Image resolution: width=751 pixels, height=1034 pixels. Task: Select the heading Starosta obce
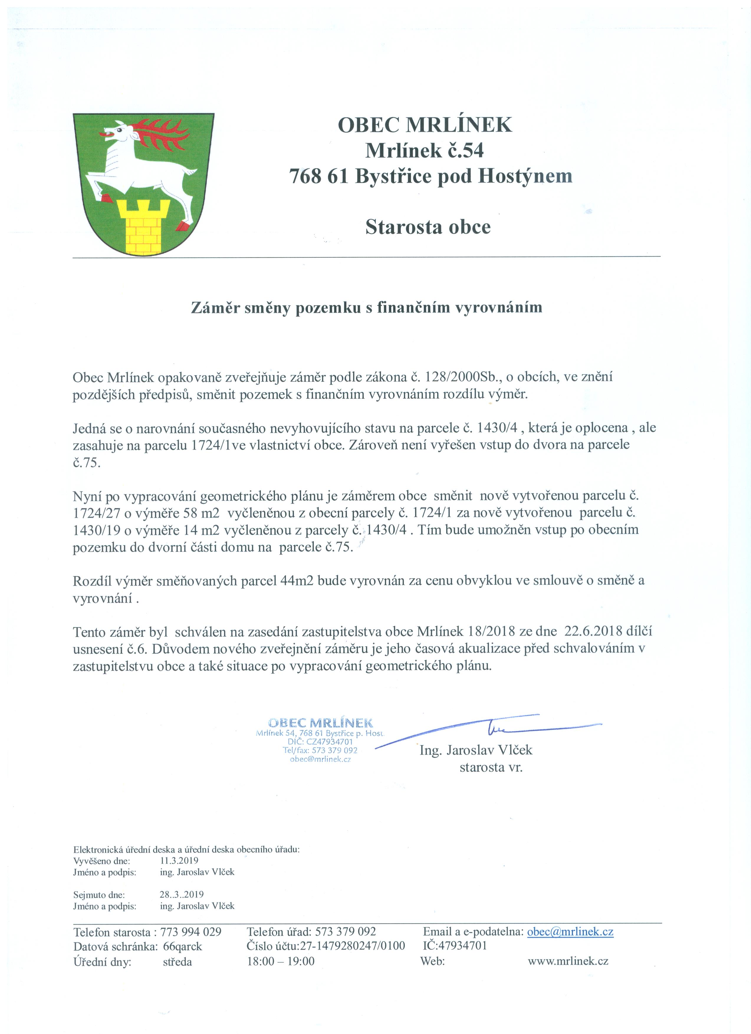click(x=428, y=227)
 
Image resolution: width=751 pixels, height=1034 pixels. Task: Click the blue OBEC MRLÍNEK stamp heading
click(x=321, y=723)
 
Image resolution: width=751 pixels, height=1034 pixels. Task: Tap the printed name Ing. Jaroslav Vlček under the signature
click(x=476, y=750)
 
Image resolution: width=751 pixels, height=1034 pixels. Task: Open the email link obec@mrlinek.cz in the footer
click(x=570, y=931)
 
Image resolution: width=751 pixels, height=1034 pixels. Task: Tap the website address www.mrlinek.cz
click(x=568, y=961)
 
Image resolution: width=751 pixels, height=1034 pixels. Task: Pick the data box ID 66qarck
click(x=183, y=946)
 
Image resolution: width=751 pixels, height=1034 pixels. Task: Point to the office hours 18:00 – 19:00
click(x=280, y=961)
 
